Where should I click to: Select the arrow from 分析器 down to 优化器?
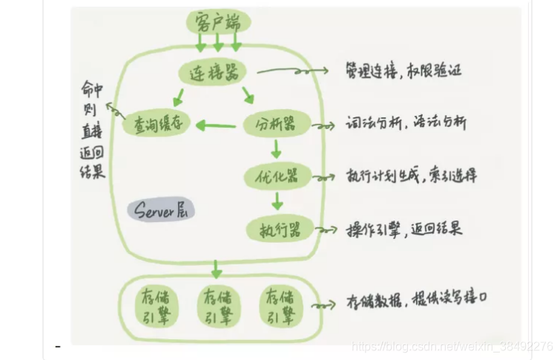pos(276,150)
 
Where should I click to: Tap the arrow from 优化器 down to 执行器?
pos(276,201)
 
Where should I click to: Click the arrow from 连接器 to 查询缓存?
pos(178,95)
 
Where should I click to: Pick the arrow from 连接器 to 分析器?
pos(248,95)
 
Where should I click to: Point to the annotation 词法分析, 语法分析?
pos(406,124)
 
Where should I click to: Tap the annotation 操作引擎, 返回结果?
pos(404,229)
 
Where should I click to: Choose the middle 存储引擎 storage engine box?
pos(216,306)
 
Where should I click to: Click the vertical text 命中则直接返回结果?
pos(93,131)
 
